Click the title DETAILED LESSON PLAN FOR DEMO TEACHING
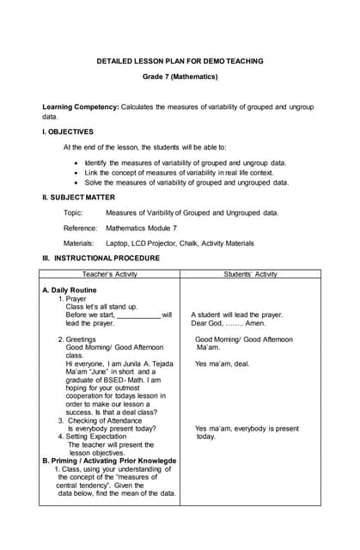pyautogui.click(x=180, y=61)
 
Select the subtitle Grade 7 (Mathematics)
pyautogui.click(x=180, y=77)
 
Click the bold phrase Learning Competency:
pyautogui.click(x=81, y=107)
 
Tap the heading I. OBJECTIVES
pyautogui.click(x=68, y=131)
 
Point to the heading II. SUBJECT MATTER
pyautogui.click(x=78, y=198)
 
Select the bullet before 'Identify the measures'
pyautogui.click(x=76, y=162)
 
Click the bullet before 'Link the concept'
pyautogui.click(x=76, y=173)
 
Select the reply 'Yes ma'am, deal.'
pyautogui.click(x=223, y=364)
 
